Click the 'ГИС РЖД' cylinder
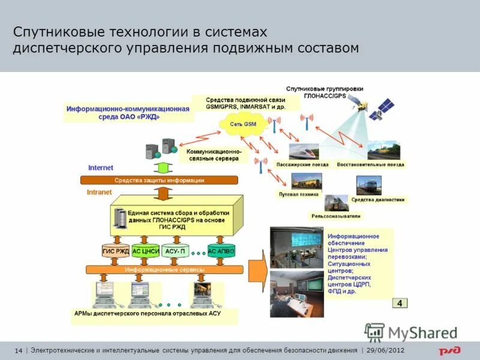[116, 251]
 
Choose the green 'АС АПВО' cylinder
[221, 251]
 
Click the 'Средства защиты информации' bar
[159, 180]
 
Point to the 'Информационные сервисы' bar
[164, 270]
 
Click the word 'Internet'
[100, 168]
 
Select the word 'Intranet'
[99, 192]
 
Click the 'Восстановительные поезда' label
[370, 164]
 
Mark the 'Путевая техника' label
[298, 195]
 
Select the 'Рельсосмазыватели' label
[336, 216]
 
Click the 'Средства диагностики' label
[378, 200]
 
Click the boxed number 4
[400, 303]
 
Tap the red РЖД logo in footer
[449, 350]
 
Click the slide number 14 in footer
[17, 350]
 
